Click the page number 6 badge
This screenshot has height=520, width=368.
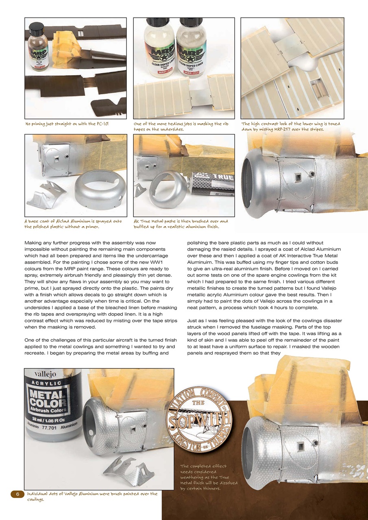[17, 494]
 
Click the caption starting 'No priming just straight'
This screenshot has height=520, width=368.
[67, 124]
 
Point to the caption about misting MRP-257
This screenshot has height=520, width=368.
[291, 126]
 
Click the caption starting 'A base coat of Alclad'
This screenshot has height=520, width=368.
[72, 224]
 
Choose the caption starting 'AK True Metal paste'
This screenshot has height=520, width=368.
[181, 224]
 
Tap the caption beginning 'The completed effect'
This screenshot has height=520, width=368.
[208, 477]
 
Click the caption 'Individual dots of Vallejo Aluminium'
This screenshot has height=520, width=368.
[91, 496]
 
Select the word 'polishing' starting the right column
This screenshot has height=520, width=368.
[199, 243]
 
